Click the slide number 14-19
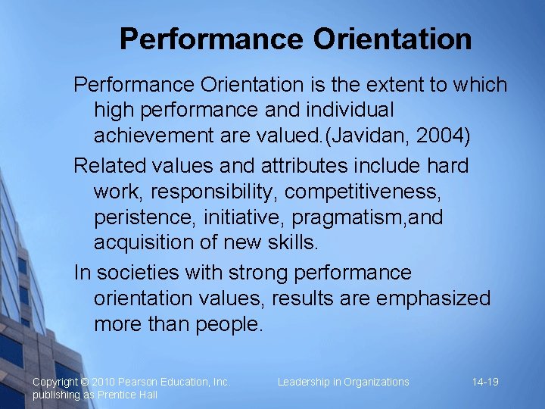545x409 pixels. tap(485, 382)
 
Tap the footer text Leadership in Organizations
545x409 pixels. tap(343, 382)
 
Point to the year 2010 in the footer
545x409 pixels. tap(105, 382)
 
